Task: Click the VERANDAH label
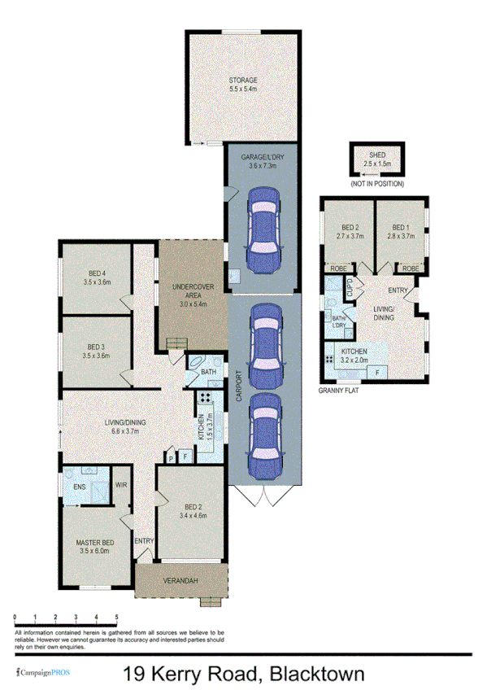click(179, 580)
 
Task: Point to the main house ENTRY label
click(144, 540)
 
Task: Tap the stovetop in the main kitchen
click(204, 399)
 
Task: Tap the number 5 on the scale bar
click(117, 618)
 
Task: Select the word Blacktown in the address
click(316, 674)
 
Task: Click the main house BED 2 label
click(193, 509)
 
